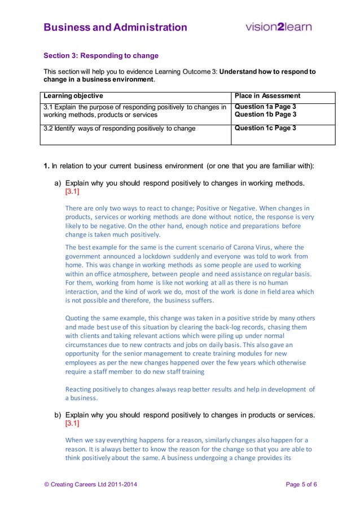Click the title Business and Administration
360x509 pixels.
pos(115,27)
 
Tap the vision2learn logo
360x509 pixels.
pos(278,27)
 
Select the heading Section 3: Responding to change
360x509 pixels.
pos(101,56)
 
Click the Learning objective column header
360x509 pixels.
pos(73,96)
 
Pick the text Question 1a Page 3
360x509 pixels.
pos(265,107)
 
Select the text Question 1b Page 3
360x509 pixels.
pos(265,115)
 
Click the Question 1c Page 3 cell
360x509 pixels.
pos(265,128)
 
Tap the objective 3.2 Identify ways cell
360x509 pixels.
pos(120,129)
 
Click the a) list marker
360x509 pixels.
pos(58,183)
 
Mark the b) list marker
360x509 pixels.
pos(58,415)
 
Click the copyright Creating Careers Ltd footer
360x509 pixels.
pos(90,485)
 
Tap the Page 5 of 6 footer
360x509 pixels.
pos(301,485)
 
